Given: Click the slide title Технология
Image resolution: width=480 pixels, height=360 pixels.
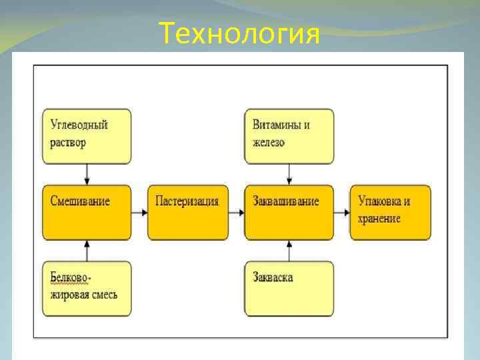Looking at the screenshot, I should pos(240,33).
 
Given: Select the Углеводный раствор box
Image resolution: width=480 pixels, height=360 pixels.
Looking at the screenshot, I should pos(87,136).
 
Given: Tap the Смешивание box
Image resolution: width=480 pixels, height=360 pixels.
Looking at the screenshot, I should pos(87,212).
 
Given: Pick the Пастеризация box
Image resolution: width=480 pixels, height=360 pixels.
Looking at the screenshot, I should pos(187,212).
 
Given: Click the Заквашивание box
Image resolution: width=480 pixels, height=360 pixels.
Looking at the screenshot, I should pos(289,212).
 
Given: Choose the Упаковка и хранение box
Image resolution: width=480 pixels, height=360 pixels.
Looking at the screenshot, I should pos(390,212).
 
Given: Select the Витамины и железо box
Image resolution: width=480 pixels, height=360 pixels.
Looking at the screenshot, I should pos(289,136).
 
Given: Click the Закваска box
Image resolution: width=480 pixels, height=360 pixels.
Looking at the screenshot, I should pos(289,288).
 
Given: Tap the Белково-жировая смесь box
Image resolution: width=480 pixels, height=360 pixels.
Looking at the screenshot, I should pos(87,288).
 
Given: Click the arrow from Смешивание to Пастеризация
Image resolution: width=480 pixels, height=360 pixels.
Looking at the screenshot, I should pos(139,213).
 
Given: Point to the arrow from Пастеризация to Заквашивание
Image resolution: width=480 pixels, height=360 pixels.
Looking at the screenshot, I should pos(236,213).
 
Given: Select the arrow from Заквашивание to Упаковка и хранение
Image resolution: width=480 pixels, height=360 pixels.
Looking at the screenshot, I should pos(341,213).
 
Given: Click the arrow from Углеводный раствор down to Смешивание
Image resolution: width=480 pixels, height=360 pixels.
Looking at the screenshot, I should pos(87,174).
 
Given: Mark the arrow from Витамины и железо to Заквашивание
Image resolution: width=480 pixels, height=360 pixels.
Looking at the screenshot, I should pos(289,174).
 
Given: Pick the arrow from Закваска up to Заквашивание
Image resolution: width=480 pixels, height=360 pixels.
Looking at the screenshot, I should pos(289,251).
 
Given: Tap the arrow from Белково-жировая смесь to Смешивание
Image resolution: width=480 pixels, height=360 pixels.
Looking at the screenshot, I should pos(87,251).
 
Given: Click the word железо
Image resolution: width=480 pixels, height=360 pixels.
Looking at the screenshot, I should pos(269,143).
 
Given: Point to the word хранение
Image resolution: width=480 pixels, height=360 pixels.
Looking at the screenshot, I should pos(379,219).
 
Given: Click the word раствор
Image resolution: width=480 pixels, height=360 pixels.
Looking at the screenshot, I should pos(68,143).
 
